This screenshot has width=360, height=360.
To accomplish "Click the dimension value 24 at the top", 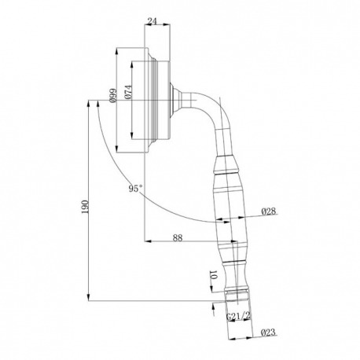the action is [x=152, y=21].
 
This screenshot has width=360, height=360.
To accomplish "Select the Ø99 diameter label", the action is [x=112, y=95].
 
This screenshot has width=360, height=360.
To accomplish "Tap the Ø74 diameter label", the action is [x=128, y=92].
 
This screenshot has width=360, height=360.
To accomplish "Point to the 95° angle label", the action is [x=135, y=189].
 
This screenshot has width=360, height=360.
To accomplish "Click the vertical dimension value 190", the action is [x=85, y=207].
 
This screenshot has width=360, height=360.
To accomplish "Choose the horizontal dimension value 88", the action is [x=178, y=237].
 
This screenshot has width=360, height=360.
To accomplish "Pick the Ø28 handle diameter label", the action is [x=269, y=211].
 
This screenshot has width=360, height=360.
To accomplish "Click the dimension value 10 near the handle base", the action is [x=213, y=275].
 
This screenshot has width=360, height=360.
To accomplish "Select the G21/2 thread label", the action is [x=238, y=317].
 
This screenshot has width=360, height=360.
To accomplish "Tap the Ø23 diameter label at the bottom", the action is [x=269, y=332].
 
